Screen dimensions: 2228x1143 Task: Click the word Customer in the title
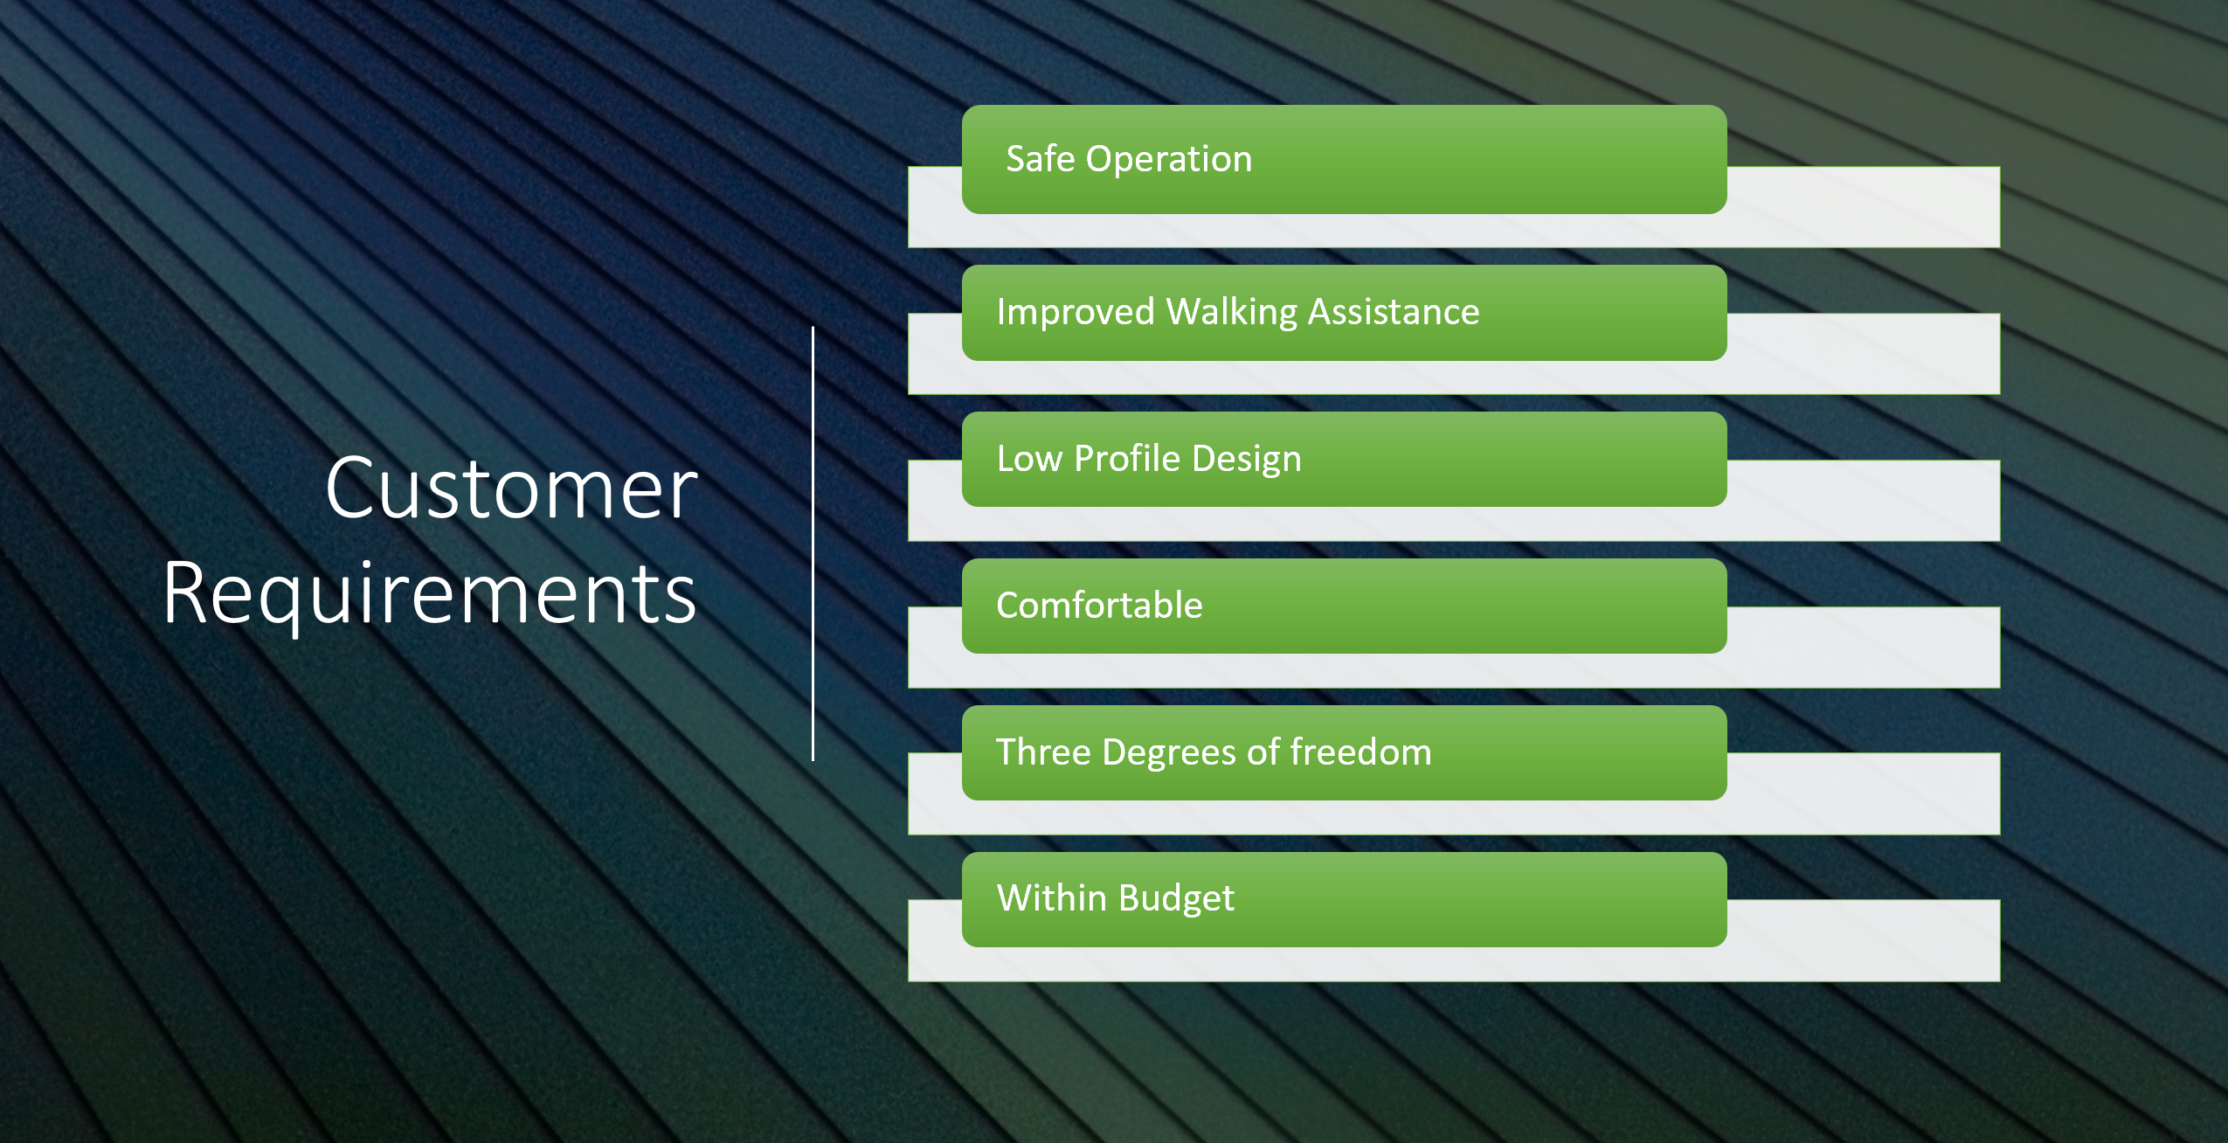click(512, 488)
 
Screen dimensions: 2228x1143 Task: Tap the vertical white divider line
click(813, 544)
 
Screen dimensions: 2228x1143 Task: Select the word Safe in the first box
click(1040, 158)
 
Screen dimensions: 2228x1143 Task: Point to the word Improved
click(1076, 313)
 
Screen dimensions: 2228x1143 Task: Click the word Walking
click(1232, 313)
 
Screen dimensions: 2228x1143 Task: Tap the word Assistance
click(1394, 312)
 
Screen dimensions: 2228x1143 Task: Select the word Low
click(1029, 459)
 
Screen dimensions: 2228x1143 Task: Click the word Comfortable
click(1099, 605)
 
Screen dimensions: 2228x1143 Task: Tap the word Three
click(1043, 752)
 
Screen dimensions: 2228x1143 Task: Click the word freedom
click(1361, 752)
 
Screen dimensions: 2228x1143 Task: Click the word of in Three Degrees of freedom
click(1263, 752)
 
